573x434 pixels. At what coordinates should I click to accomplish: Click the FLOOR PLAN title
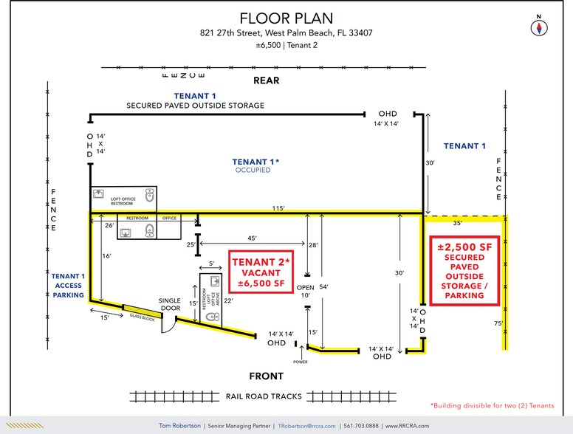tap(286, 18)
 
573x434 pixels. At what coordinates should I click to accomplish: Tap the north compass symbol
tap(541, 27)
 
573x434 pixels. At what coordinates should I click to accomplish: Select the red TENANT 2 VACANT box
tap(258, 272)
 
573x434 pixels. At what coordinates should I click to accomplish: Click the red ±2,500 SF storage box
tap(465, 270)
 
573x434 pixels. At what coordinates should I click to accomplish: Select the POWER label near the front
tap(299, 362)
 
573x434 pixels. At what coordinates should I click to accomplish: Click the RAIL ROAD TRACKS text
tap(264, 396)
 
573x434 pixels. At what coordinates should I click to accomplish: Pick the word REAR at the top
tap(267, 80)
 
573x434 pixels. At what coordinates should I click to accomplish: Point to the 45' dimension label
tap(253, 238)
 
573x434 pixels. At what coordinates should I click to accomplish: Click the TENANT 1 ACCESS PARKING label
tap(69, 286)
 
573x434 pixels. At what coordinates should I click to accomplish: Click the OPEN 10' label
tap(306, 291)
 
